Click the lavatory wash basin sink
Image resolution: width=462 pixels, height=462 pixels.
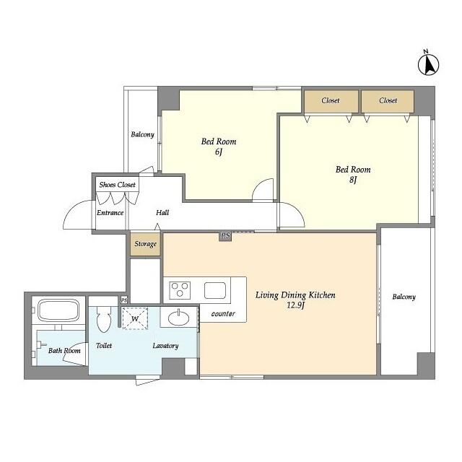178,318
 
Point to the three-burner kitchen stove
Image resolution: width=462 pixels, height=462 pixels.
180,290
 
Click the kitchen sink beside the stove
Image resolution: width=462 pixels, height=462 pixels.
215,290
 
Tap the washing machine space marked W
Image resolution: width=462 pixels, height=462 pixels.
135,318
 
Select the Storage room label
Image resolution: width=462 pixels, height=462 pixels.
145,244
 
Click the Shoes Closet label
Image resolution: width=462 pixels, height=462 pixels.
117,185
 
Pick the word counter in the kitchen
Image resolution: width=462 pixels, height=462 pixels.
223,314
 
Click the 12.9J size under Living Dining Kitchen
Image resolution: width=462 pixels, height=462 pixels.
295,305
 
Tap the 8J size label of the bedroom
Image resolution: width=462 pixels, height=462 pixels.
353,179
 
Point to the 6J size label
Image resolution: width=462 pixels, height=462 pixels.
218,152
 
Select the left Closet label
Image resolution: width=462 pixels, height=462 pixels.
331,100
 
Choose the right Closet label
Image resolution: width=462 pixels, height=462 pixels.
388,100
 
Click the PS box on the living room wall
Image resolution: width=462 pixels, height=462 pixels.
225,236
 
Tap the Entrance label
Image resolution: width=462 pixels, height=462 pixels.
110,213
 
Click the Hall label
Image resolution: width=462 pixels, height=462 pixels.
162,212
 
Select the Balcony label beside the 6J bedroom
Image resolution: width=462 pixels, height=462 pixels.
143,135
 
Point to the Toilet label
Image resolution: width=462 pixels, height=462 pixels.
104,345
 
